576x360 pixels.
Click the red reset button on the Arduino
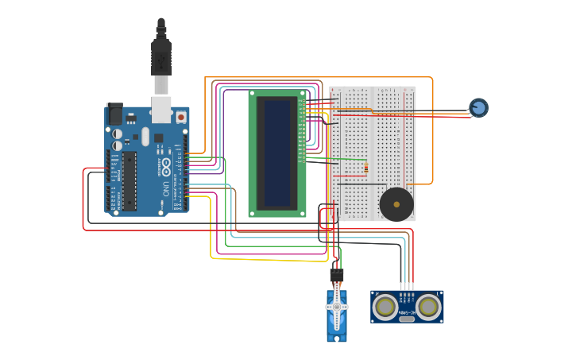coord(181,117)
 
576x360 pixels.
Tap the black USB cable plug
coord(161,56)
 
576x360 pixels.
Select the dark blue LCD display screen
coord(277,153)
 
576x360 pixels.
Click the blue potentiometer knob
coord(478,107)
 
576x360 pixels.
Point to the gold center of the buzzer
coord(396,205)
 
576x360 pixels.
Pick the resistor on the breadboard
coord(365,167)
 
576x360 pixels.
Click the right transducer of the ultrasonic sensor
coord(427,306)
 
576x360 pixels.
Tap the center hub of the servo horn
coord(337,307)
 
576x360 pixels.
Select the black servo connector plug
coord(337,275)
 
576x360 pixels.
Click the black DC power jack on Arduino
coord(115,114)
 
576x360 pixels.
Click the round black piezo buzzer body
coord(396,205)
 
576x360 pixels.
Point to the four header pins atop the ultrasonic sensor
coord(407,286)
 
